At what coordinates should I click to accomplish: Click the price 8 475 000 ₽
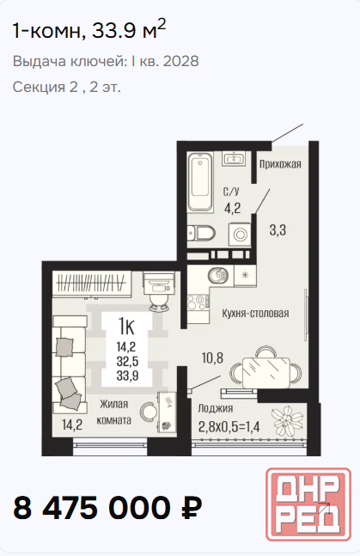(107, 508)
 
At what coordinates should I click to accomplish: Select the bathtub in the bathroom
(199, 182)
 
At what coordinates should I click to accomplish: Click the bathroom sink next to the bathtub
(234, 157)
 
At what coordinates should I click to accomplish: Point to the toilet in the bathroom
(201, 233)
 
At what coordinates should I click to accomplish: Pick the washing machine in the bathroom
(240, 234)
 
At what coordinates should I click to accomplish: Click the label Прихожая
(280, 164)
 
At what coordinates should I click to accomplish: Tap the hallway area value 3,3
(278, 230)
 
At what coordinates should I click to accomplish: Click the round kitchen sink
(218, 275)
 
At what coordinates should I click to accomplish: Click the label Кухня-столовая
(255, 314)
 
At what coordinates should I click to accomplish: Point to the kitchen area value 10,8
(212, 358)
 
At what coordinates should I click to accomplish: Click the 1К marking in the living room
(126, 327)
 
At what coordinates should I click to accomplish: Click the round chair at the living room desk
(149, 412)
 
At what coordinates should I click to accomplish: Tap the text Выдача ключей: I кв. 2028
(106, 61)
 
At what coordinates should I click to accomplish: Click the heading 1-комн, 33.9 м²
(89, 29)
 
